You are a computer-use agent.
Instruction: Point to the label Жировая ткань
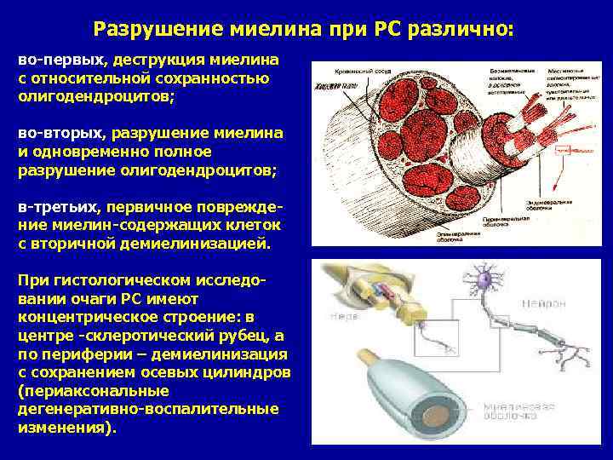point(335,86)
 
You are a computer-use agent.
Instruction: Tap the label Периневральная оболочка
point(506,224)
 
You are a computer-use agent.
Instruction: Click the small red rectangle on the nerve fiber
point(563,149)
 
